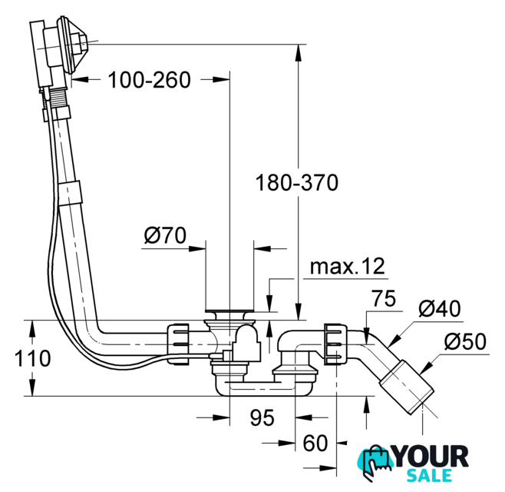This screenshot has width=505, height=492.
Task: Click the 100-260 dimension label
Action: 149,80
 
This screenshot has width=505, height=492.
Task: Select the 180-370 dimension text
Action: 296,183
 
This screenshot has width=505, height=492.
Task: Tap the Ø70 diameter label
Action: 165,235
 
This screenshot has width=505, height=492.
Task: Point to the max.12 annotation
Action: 348,267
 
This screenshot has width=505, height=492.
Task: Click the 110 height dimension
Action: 32,358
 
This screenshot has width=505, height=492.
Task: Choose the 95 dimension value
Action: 262,417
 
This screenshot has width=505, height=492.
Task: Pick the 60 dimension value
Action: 315,443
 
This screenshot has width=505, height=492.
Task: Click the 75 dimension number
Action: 384,298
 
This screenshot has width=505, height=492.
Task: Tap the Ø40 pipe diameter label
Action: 440,309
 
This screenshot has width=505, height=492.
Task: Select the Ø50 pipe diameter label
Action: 465,341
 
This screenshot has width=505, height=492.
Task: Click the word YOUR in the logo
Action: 431,456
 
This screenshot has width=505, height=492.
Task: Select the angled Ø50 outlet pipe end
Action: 407,387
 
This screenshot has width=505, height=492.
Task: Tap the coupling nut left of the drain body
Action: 178,344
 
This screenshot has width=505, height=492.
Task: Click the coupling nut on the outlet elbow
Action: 336,344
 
